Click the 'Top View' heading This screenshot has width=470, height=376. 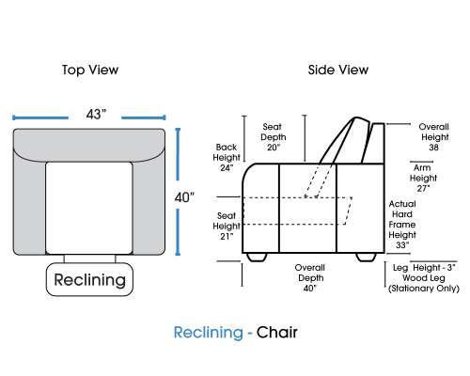point(90,70)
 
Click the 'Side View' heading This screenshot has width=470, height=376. point(338,70)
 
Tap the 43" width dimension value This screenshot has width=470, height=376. point(96,115)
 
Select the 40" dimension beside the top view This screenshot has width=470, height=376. point(184,197)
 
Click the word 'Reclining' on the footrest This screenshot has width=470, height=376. point(89,280)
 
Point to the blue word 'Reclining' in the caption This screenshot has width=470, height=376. point(209,333)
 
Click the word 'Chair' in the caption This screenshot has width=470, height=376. point(277,332)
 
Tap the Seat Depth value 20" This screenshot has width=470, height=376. point(274,148)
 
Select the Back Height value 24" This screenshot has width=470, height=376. point(227,168)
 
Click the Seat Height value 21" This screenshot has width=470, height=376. point(227,236)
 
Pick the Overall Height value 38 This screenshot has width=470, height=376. point(433,148)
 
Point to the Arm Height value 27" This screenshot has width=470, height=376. point(423,188)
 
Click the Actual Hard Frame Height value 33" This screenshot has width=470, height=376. point(402,245)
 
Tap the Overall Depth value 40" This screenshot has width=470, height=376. point(310,288)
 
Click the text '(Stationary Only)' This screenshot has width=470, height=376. point(424,289)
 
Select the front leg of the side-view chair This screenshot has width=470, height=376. point(257,257)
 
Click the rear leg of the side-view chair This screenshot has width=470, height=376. point(366,257)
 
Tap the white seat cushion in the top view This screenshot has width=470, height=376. point(89,208)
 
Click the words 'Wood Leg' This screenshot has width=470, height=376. point(424,278)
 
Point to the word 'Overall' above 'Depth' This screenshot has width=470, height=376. point(310,268)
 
